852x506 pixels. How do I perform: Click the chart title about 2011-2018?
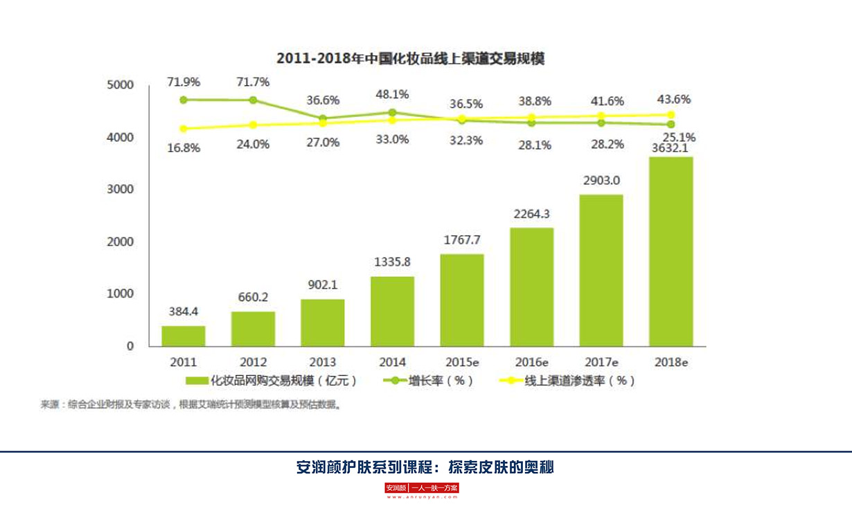410,58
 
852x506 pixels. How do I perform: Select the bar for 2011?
184,336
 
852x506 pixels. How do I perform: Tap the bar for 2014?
392,311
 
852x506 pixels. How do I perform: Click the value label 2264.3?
531,214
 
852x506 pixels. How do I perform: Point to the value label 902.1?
322,285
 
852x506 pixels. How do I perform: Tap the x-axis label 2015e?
462,362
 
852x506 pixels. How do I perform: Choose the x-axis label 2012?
253,362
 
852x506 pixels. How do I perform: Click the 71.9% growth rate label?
184,82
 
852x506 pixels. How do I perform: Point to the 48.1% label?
392,95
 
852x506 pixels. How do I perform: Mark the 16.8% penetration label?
184,147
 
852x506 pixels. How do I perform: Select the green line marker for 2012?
253,100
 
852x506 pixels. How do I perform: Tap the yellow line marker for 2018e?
671,115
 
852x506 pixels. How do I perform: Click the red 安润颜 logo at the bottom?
397,488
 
